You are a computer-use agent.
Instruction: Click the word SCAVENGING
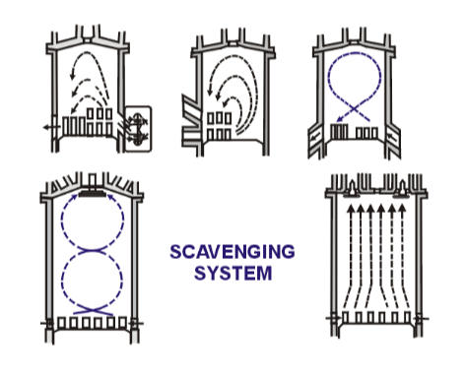pyautogui.click(x=232, y=251)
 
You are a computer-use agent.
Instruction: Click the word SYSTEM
pyautogui.click(x=232, y=271)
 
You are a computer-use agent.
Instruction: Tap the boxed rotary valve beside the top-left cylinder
pyautogui.click(x=137, y=128)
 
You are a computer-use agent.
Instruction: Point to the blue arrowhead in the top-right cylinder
pyautogui.click(x=340, y=124)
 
